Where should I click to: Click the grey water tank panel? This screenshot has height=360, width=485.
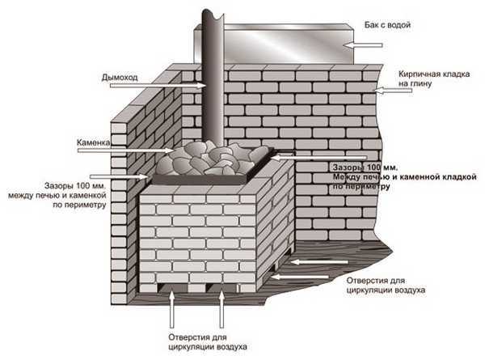[x=283, y=44]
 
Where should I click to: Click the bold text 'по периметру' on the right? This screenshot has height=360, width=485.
[x=361, y=186]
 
